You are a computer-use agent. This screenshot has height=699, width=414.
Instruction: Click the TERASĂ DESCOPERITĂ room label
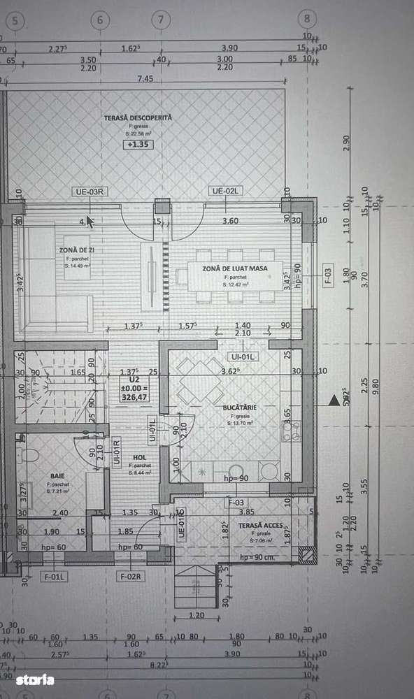click(x=137, y=118)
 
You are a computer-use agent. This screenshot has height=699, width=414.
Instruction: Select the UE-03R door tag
click(x=90, y=191)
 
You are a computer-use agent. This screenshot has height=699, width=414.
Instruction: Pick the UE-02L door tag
click(x=226, y=191)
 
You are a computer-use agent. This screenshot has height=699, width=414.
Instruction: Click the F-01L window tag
click(x=52, y=576)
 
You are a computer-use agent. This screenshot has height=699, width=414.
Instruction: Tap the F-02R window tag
click(x=130, y=576)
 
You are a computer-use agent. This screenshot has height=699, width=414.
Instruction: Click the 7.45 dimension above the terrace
click(x=145, y=78)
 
